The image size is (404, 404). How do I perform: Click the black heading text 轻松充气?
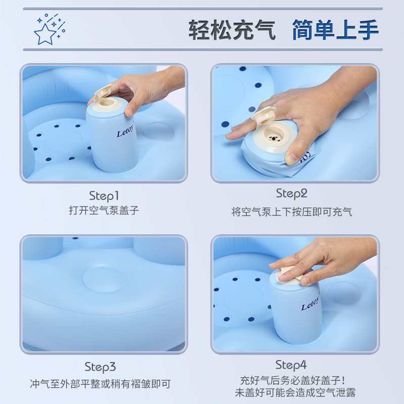tap(232, 30)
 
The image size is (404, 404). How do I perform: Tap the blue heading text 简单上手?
tap(335, 30)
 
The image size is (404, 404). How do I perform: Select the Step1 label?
tap(104, 196)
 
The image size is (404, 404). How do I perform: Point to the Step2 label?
tap(292, 193)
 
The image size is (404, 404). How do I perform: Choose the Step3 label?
tap(100, 367)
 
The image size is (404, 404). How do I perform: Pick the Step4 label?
tap(291, 365)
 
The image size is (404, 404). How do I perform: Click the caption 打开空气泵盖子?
tap(104, 211)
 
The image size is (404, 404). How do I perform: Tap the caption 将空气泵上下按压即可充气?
tap(292, 212)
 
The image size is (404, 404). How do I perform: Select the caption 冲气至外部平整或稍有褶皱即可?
tap(100, 384)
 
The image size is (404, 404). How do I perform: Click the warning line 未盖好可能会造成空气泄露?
tap(295, 392)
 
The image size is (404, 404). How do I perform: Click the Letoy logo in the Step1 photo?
tap(125, 131)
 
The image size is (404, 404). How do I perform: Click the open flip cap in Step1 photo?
tap(103, 91)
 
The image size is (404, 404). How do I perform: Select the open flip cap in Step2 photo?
tap(264, 115)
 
